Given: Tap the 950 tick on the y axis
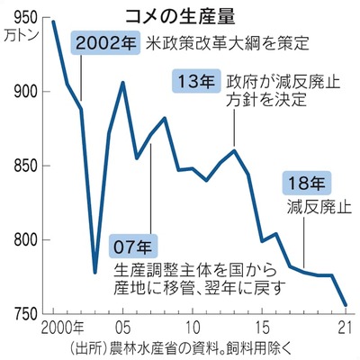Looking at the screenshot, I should (x=22, y=17).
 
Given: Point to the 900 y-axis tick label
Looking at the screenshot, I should (x=22, y=92).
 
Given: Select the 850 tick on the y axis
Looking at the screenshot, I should (x=22, y=166).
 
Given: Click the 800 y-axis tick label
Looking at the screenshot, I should (x=22, y=240).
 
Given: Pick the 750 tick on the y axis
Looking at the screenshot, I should (x=22, y=314).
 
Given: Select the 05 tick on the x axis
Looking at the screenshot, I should (x=123, y=325).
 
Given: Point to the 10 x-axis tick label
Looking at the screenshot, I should (x=192, y=325).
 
